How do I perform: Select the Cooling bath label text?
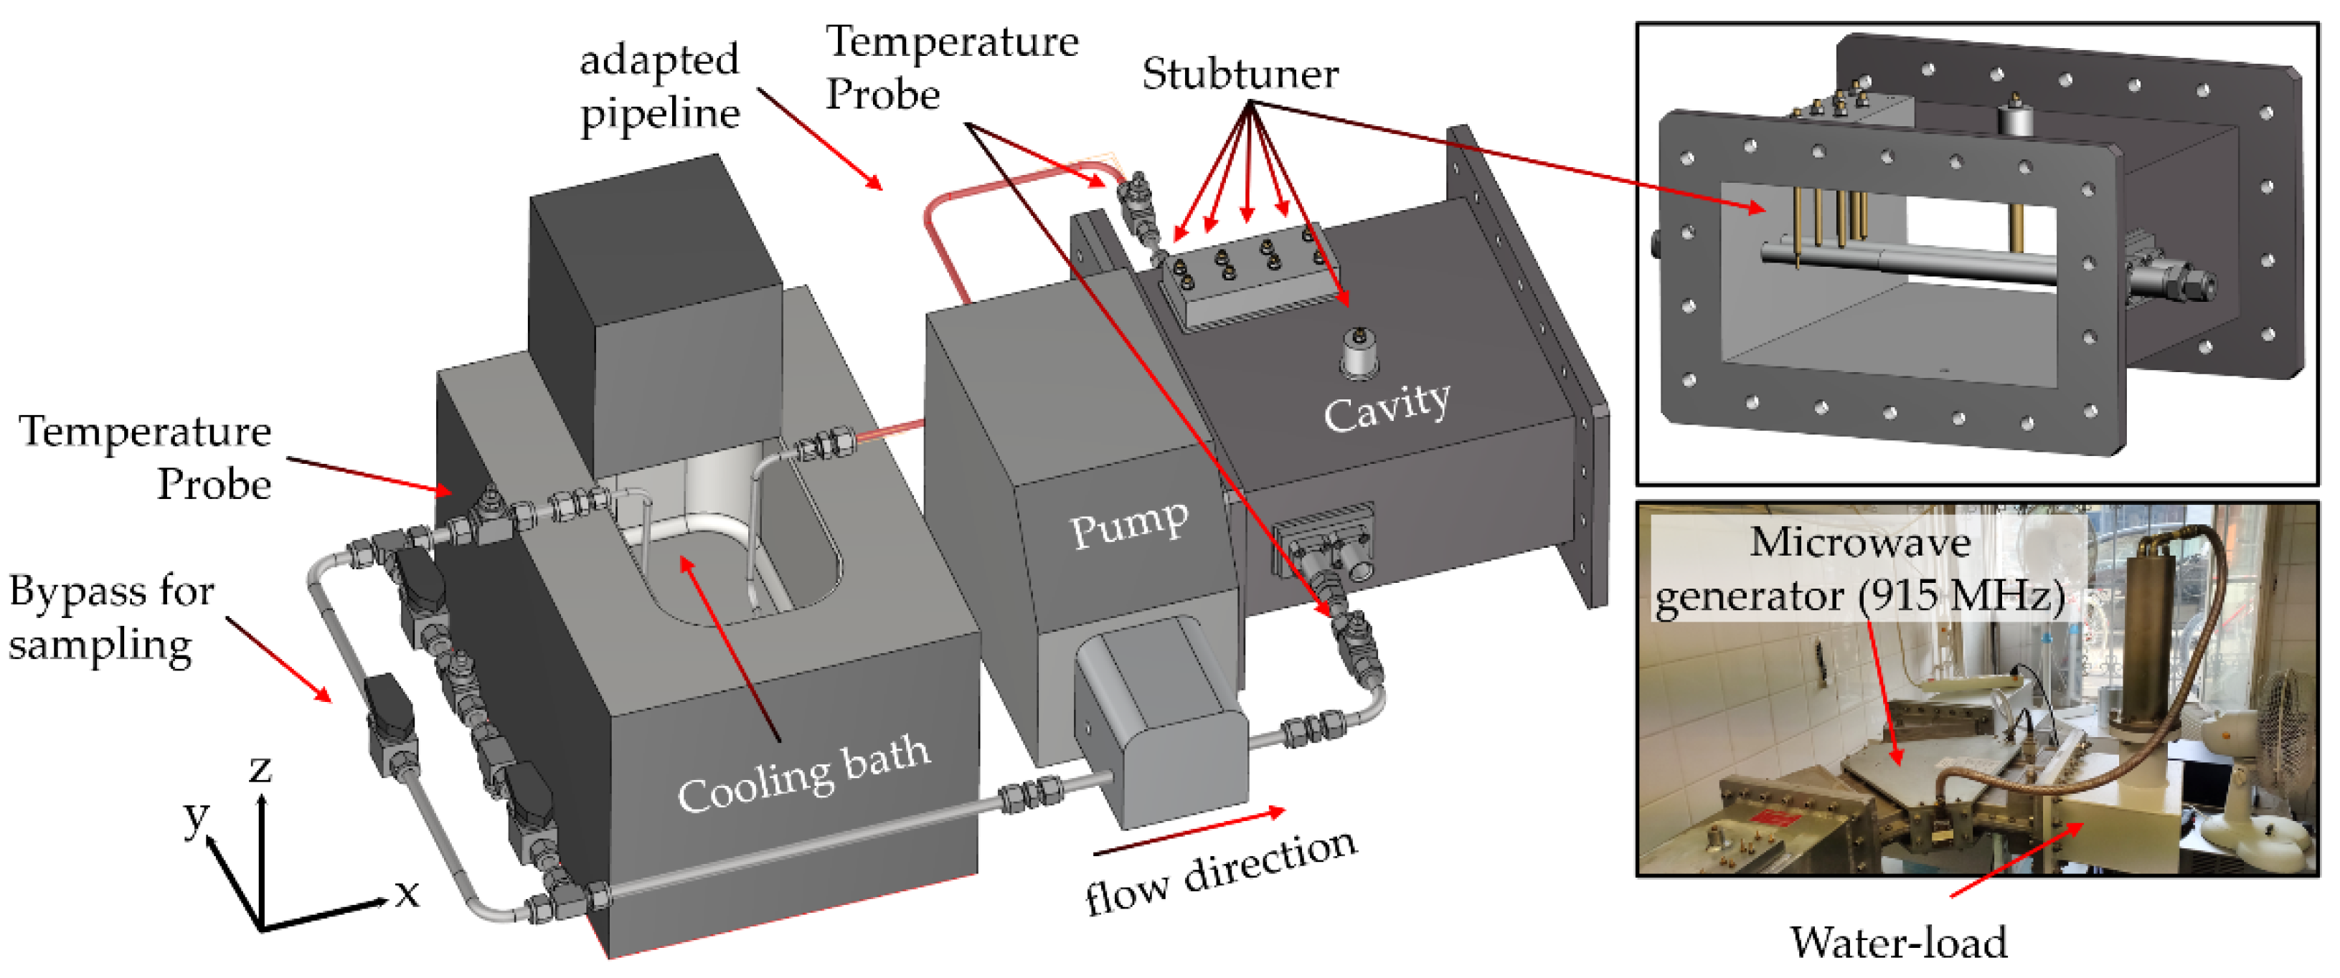coord(804,774)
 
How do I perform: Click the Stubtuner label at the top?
coord(1240,72)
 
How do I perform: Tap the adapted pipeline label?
coord(661,87)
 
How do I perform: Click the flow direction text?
coord(1222,872)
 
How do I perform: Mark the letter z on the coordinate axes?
coord(260,769)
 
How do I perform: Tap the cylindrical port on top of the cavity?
coord(1359,352)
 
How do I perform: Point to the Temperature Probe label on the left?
coord(146,457)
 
